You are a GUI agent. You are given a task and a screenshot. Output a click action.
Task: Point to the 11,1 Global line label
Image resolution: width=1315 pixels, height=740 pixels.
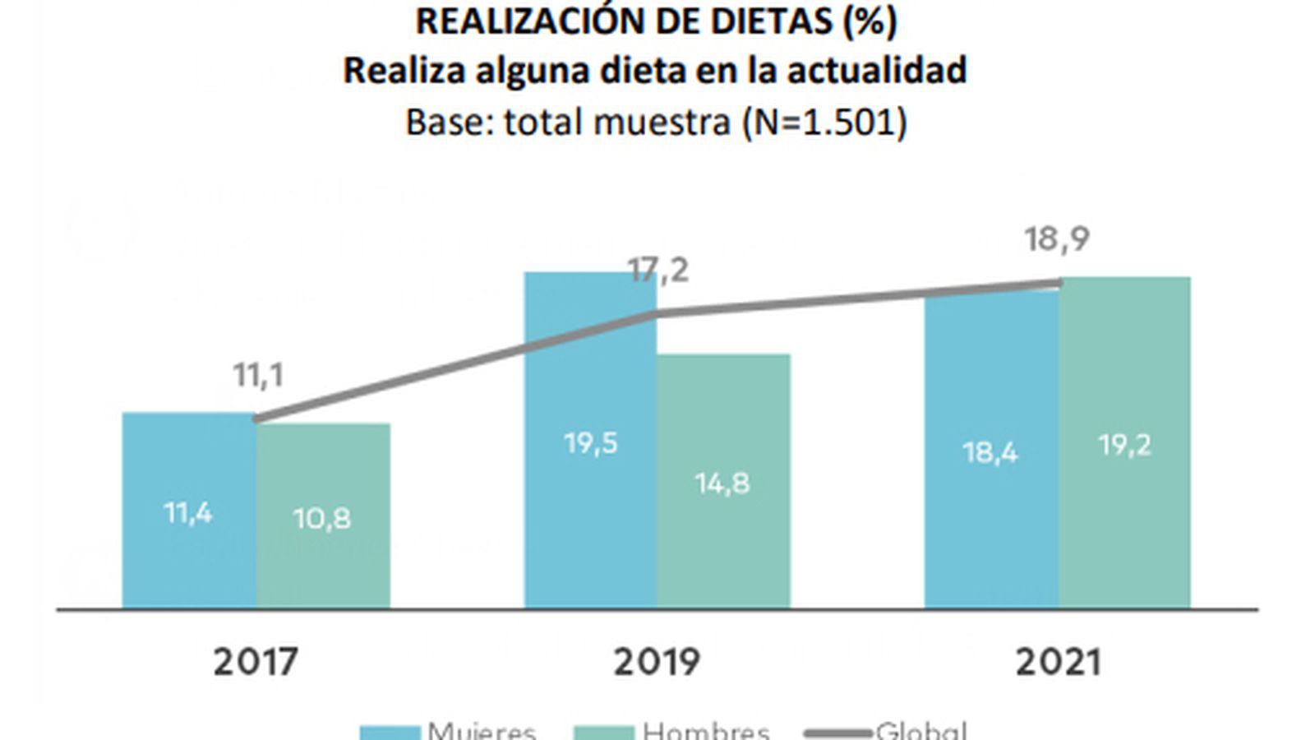click(x=258, y=375)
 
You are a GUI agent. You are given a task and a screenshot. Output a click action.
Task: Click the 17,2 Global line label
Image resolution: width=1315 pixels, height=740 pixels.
click(x=658, y=270)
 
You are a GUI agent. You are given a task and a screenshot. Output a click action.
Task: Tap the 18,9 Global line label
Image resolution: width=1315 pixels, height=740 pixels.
click(x=1057, y=239)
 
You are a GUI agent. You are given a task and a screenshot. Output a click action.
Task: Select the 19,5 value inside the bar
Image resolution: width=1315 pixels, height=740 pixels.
click(x=590, y=443)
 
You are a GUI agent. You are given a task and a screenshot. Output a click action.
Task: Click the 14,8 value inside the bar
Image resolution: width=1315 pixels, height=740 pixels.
click(x=722, y=483)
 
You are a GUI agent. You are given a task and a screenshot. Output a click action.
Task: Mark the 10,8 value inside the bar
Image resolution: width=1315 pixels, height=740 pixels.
click(x=322, y=518)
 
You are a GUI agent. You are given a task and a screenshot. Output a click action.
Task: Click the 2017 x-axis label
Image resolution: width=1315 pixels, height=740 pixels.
click(x=256, y=662)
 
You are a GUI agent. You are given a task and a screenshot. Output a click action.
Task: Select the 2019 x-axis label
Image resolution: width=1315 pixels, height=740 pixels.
click(x=657, y=662)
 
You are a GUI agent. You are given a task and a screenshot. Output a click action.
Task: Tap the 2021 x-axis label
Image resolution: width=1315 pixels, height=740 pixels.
click(x=1058, y=662)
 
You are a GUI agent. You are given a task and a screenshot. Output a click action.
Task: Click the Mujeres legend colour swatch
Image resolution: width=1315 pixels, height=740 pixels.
click(x=391, y=732)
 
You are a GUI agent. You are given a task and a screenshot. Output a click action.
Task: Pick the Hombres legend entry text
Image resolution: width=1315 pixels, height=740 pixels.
click(x=706, y=731)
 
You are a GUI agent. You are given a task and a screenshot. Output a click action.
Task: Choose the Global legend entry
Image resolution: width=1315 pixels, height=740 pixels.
click(x=920, y=731)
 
